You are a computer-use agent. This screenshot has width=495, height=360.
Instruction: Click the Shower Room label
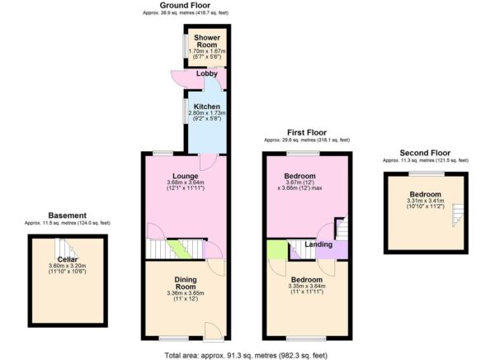205,43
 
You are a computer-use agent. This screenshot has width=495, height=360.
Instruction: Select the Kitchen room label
206,107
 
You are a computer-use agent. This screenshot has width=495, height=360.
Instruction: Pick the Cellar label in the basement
68,258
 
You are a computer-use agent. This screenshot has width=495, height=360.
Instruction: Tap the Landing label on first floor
318,244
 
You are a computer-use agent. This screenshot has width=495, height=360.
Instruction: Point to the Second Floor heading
425,153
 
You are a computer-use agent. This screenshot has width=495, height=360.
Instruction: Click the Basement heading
67,216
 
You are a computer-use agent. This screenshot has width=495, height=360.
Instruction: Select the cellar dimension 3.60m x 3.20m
68,265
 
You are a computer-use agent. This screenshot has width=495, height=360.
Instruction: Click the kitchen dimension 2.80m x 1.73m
206,114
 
